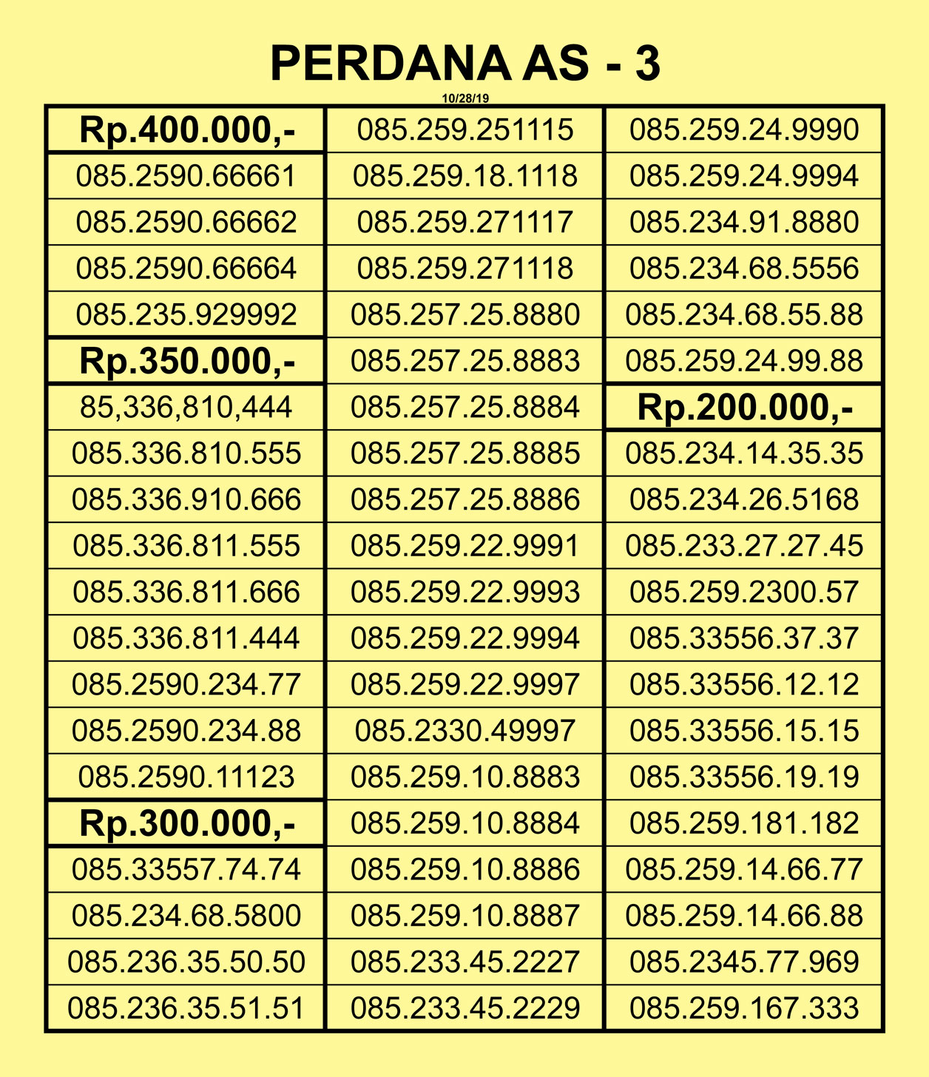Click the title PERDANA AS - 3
click(x=464, y=63)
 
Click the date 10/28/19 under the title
click(x=465, y=98)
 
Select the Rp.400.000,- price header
click(x=186, y=130)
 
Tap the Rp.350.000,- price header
click(x=186, y=362)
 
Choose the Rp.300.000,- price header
click(x=186, y=823)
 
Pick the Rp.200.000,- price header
click(x=744, y=408)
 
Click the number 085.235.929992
click(x=186, y=315)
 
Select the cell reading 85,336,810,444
click(x=186, y=408)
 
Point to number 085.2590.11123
click(x=186, y=777)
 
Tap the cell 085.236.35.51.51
click(x=186, y=1008)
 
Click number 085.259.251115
click(x=465, y=130)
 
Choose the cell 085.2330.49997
click(x=465, y=731)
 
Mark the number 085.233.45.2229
click(x=465, y=1008)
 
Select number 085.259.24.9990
click(x=744, y=130)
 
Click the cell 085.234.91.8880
click(x=744, y=223)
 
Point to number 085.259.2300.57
click(x=744, y=592)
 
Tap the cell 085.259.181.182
click(x=744, y=823)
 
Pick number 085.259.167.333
click(x=744, y=1008)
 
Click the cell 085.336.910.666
click(x=186, y=500)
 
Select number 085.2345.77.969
click(x=744, y=962)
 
